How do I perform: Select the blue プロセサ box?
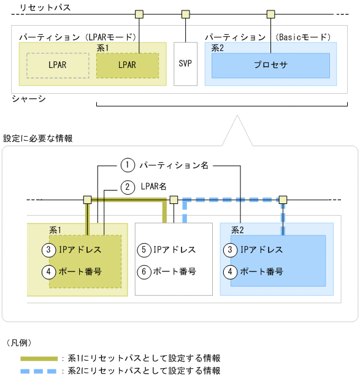tap(270, 65)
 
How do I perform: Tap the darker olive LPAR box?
tap(127, 65)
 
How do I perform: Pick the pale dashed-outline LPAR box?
tap(58, 65)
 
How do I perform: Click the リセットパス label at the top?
tap(45, 8)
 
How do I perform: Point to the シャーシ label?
tap(29, 98)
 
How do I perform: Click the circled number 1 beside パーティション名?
tap(127, 165)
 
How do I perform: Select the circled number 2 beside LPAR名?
tap(127, 187)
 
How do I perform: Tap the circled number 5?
tap(144, 250)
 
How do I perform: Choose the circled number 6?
tap(144, 271)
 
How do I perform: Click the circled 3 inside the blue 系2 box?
tap(230, 250)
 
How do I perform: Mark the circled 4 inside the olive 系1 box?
tap(50, 271)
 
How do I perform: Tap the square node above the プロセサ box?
tap(270, 13)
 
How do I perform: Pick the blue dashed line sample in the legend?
tap(39, 371)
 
